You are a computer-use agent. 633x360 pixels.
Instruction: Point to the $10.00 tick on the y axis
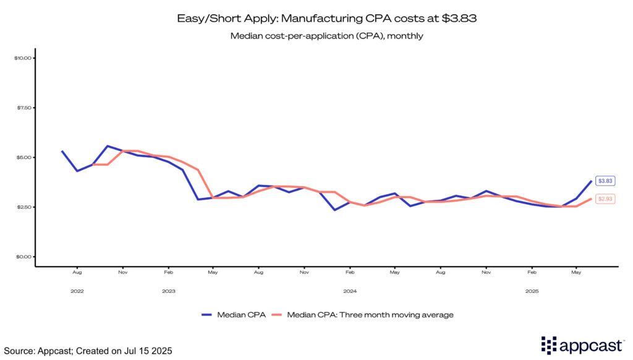point(23,58)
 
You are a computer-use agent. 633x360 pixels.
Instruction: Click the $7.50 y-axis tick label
point(23,108)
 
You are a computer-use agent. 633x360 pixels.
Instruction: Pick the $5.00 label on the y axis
point(23,157)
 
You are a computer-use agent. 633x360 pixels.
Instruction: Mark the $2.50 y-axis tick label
point(23,207)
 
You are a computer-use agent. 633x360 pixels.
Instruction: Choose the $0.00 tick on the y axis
point(23,257)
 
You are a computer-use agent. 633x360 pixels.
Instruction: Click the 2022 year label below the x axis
point(77,291)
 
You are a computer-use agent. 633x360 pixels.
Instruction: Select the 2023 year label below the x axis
point(168,291)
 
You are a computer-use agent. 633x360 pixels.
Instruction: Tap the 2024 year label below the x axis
point(350,291)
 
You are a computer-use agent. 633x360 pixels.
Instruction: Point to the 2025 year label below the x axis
point(532,291)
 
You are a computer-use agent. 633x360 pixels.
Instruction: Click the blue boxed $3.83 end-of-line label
point(605,181)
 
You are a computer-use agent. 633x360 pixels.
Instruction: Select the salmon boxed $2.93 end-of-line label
point(605,199)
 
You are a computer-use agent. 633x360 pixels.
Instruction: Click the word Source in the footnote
point(18,351)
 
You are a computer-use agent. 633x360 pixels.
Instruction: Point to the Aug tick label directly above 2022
point(77,272)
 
